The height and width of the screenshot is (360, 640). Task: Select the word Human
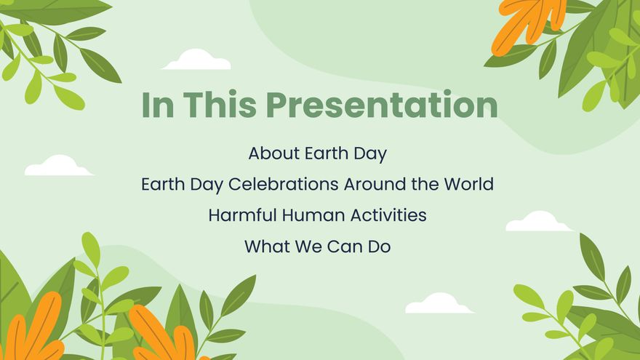pos(303,216)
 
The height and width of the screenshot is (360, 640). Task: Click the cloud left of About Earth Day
pos(58,167)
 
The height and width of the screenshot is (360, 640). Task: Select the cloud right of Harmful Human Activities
pos(538,222)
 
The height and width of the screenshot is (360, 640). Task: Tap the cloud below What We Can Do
pos(439,304)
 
